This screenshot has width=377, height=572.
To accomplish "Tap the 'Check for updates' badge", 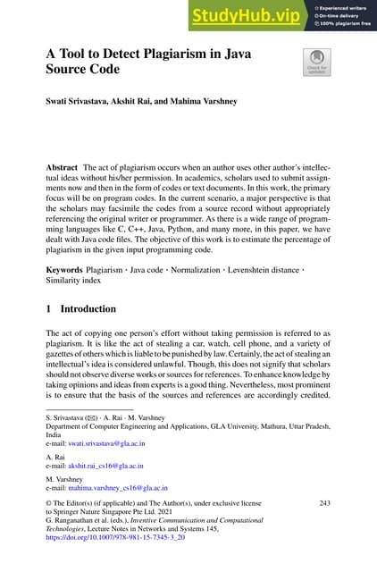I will [317, 63].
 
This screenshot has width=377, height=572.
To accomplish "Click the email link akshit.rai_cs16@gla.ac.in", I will [105, 466].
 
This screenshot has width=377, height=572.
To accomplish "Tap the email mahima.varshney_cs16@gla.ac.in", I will [117, 488].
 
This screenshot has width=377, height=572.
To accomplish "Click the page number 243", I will [324, 504].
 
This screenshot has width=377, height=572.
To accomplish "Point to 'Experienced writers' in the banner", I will [346, 7].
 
